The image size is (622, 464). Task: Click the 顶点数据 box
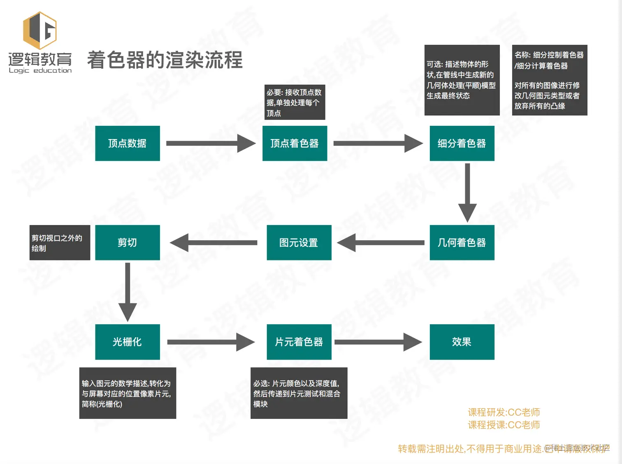(x=128, y=143)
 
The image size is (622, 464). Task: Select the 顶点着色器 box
(x=295, y=143)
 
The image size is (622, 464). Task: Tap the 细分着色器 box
(x=462, y=143)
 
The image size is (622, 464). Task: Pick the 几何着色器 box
(x=462, y=243)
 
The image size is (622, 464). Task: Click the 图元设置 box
(x=299, y=243)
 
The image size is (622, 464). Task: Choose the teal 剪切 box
(x=128, y=243)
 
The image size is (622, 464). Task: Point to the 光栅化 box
(x=128, y=342)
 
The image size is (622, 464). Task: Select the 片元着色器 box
(x=299, y=342)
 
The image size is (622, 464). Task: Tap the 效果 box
(x=462, y=342)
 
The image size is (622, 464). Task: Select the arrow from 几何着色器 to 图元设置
(x=381, y=243)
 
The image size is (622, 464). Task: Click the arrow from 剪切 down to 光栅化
(x=128, y=292)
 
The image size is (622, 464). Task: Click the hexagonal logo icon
(x=39, y=30)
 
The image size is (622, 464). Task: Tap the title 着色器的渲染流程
(x=165, y=60)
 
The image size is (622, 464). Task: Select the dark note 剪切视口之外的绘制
(x=60, y=243)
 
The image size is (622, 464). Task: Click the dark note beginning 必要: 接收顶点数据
(x=295, y=102)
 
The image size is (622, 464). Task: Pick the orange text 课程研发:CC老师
(x=504, y=412)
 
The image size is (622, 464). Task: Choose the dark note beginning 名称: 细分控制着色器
(x=549, y=80)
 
